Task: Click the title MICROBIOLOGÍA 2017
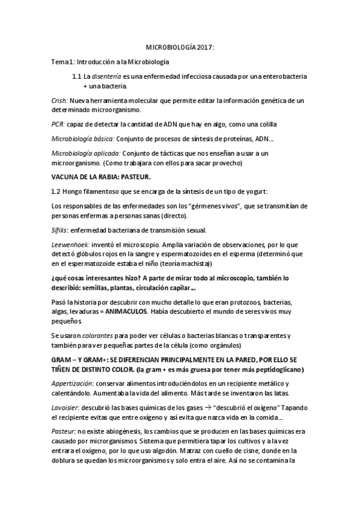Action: point(180,46)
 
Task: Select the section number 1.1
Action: point(76,78)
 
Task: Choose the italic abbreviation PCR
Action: point(58,124)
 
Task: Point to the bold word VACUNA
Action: point(66,179)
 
